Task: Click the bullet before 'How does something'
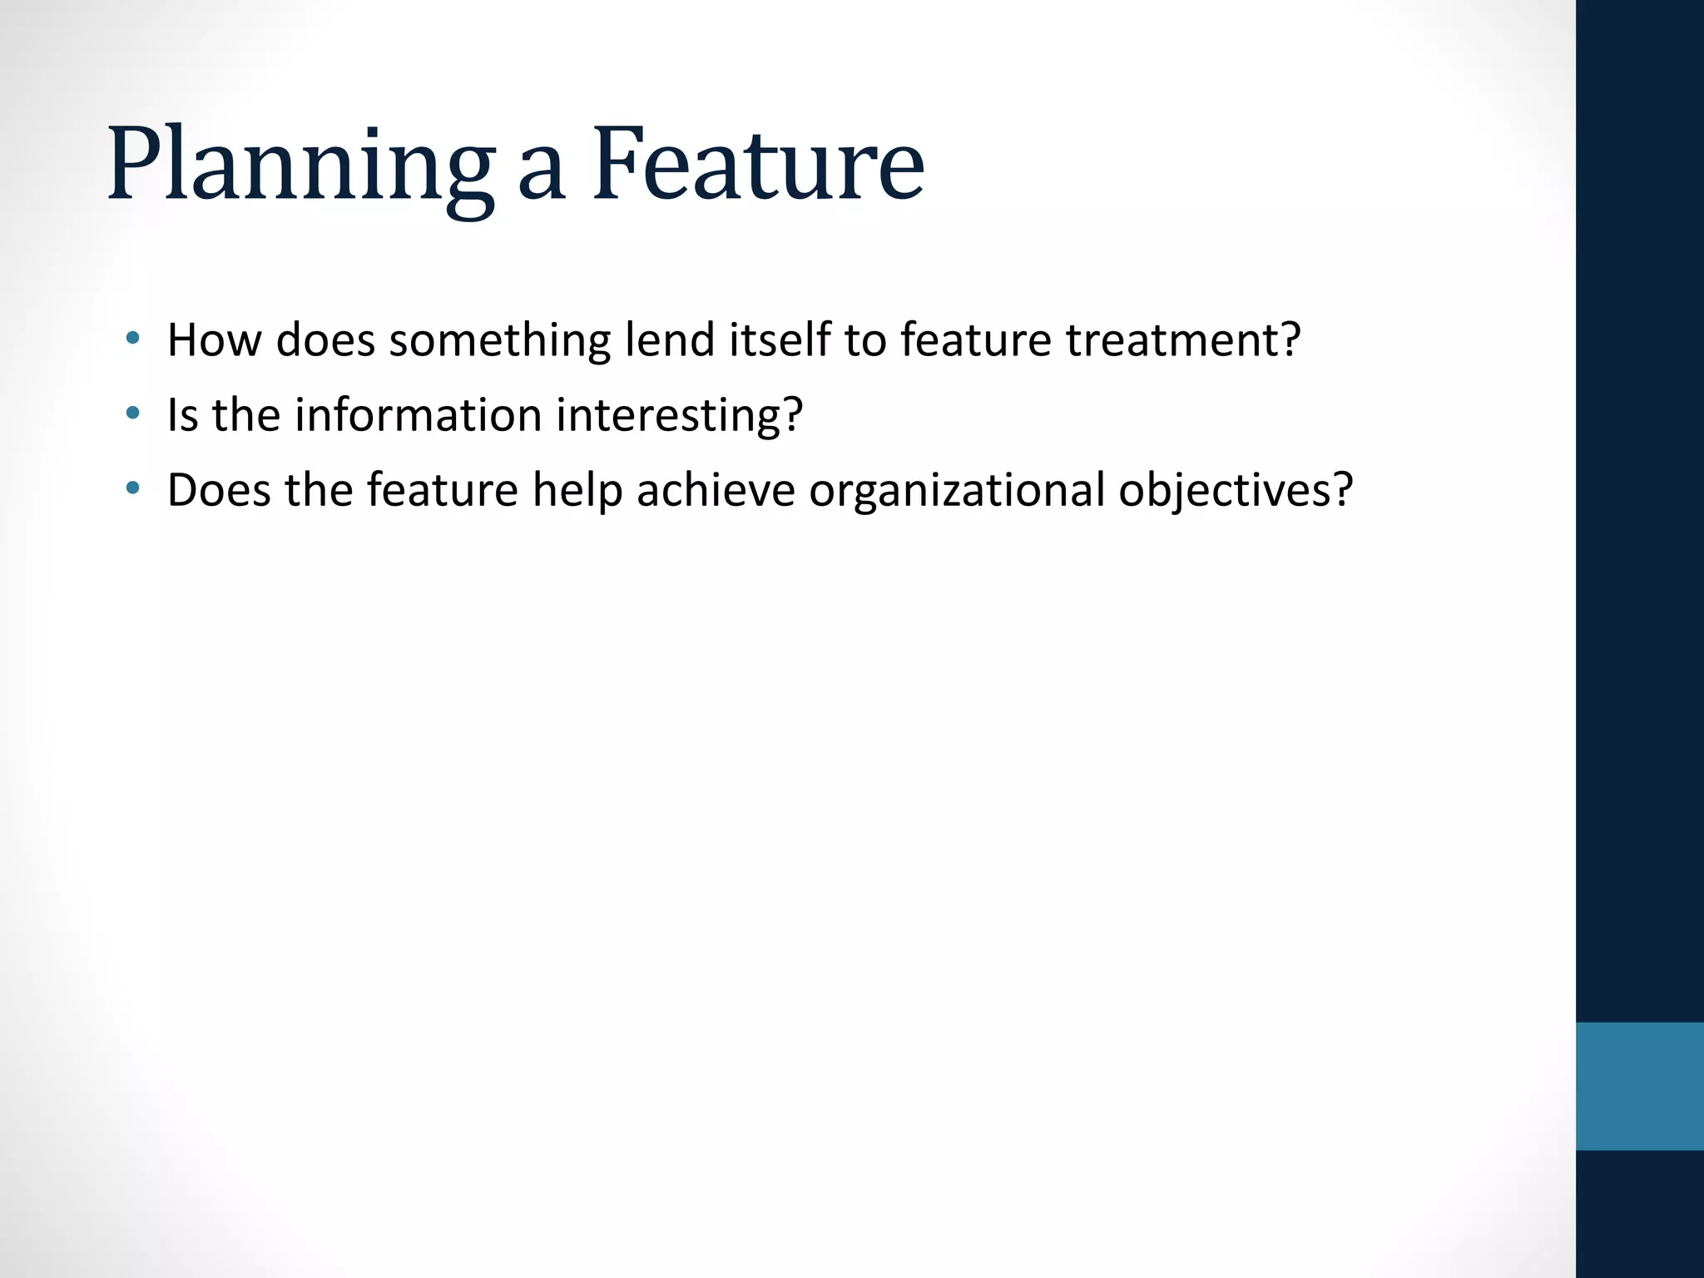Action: tap(132, 338)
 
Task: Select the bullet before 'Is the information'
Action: tap(132, 413)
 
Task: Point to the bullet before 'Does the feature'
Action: tap(132, 488)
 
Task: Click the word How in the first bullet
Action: tap(215, 339)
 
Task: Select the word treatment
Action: tap(1182, 339)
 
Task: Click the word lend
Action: tap(670, 339)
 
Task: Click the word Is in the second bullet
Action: tap(183, 414)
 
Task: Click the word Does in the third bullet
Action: tap(220, 489)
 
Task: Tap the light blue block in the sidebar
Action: tap(1639, 1086)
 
